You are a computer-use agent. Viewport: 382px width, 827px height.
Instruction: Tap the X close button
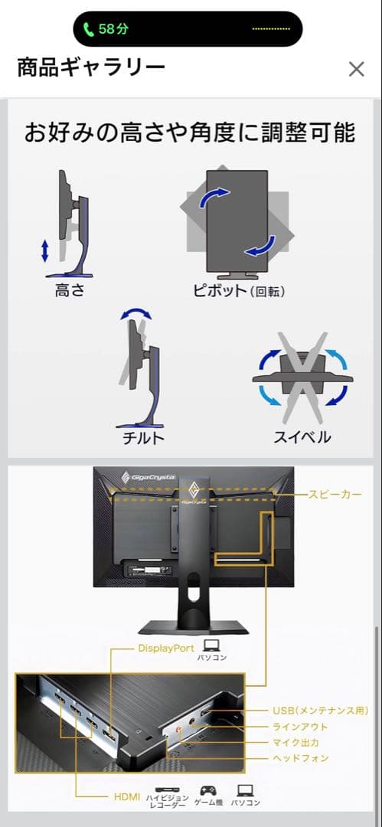pos(356,69)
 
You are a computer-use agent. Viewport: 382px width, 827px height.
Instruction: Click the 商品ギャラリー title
pos(91,68)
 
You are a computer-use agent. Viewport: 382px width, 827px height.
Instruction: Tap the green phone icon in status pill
pos(89,29)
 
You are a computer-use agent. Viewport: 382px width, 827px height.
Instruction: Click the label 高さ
pos(70,291)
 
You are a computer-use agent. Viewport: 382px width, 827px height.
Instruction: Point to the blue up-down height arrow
pos(45,250)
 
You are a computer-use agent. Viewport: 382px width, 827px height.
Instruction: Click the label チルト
pos(143,437)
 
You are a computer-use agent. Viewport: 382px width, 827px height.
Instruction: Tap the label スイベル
pos(302,437)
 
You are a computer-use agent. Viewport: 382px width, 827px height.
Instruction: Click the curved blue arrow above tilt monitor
pos(136,314)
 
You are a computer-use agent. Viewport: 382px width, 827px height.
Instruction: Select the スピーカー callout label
pos(335,495)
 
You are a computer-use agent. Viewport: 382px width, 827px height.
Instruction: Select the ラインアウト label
pos(300,727)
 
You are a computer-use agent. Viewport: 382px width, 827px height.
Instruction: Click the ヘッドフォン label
pos(300,758)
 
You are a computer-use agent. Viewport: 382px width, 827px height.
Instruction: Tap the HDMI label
pos(126,797)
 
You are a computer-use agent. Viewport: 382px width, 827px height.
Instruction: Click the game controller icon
pos(207,789)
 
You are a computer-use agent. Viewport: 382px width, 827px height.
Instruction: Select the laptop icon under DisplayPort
pos(212,645)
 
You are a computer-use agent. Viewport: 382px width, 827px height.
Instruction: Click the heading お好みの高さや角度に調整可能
pos(190,132)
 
